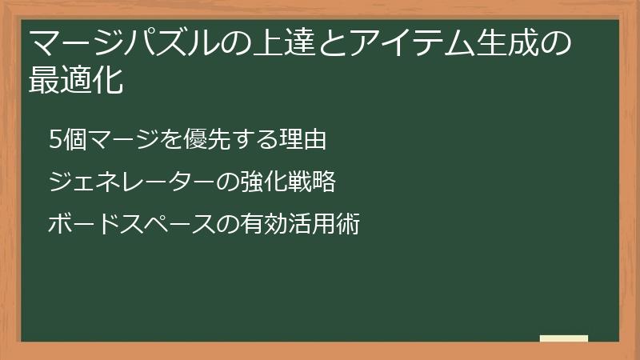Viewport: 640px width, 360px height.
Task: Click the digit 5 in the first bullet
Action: (55, 141)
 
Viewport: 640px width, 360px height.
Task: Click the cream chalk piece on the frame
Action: (564, 339)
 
